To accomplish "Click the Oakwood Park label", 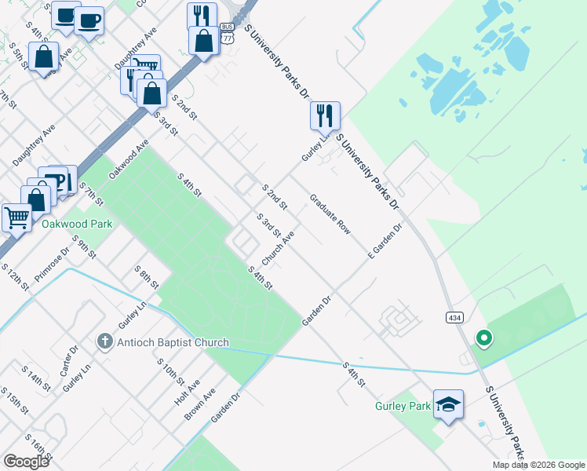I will pyautogui.click(x=77, y=224).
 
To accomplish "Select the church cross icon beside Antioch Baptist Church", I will pyautogui.click(x=104, y=341).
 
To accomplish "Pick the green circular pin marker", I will pyautogui.click(x=484, y=338).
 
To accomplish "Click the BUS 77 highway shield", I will pyautogui.click(x=228, y=37).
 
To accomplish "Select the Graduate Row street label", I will pyautogui.click(x=330, y=214).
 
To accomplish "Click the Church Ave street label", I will pyautogui.click(x=278, y=246).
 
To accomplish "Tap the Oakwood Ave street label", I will pyautogui.click(x=129, y=159).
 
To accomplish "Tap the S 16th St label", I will pyautogui.click(x=38, y=446).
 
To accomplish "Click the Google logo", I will pyautogui.click(x=26, y=462).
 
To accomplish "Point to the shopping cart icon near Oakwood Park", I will pyautogui.click(x=16, y=217).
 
